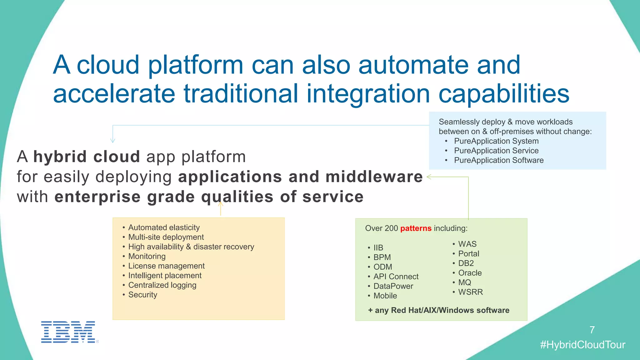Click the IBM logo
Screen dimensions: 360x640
(68, 332)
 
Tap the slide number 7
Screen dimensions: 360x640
(592, 330)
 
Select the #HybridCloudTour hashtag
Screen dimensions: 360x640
(582, 345)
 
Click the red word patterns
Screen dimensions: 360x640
(416, 228)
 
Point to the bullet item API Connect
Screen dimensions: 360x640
(396, 277)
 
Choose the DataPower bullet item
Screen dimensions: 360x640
(393, 286)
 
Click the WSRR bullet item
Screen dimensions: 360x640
(470, 292)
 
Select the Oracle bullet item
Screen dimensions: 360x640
(470, 273)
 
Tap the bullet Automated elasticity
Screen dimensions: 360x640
(164, 227)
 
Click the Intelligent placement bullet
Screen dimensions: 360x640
(165, 276)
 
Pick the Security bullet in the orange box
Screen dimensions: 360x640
(142, 295)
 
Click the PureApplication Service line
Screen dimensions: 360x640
(496, 151)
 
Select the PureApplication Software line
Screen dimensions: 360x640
(498, 160)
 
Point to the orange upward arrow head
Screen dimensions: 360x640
(221, 204)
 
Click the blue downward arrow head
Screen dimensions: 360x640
(113, 141)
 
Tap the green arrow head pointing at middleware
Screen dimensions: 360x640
(429, 177)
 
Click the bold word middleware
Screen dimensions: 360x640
(374, 177)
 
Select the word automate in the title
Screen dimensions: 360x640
(413, 65)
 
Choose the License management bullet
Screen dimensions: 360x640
(166, 266)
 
